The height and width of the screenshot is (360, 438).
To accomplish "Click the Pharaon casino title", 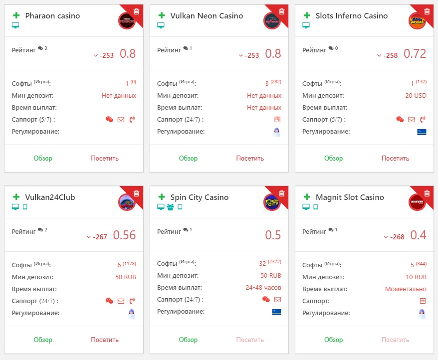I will click(52, 16).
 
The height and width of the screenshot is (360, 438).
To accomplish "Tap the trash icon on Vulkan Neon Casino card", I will click(281, 11).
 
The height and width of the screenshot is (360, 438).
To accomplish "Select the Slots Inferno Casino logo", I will click(417, 21).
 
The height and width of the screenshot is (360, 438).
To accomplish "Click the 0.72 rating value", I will click(415, 54).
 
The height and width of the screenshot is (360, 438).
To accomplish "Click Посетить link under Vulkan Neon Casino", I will click(250, 159).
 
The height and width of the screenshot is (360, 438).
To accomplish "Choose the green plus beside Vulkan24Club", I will click(16, 197).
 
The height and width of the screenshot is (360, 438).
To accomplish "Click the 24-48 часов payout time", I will click(263, 288).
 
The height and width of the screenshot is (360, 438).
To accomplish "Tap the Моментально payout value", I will click(406, 289).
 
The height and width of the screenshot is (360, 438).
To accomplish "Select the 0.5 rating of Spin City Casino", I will click(273, 235).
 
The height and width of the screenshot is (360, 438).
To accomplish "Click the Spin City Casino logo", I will click(271, 202).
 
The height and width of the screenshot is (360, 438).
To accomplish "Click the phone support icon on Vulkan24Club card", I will click(132, 301).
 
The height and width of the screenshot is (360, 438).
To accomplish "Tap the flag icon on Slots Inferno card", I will click(422, 132).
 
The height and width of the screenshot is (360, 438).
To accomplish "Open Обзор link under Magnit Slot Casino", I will click(334, 340).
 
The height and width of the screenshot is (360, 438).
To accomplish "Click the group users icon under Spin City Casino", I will click(170, 207).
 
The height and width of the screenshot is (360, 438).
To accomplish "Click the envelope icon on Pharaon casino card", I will click(121, 120).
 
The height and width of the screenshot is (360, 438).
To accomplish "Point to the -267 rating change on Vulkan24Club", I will click(100, 237).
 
